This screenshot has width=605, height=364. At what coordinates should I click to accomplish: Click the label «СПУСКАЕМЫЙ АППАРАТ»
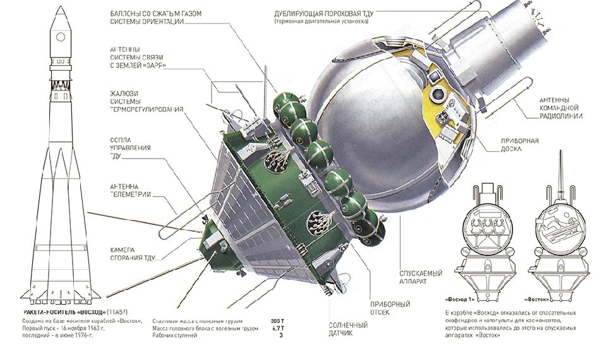[421, 277]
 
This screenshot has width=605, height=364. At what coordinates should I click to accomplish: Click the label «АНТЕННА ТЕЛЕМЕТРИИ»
[130, 189]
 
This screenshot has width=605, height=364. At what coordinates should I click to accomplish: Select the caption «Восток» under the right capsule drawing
[539, 299]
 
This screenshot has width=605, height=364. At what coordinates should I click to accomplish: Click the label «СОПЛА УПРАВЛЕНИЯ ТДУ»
[130, 147]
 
